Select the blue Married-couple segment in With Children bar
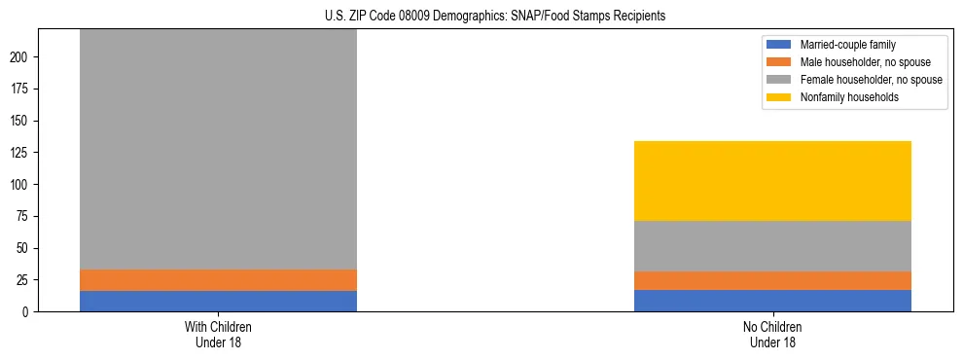point(218,301)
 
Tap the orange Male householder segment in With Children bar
point(218,280)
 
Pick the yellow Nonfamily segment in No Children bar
point(772,181)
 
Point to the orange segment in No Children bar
point(772,280)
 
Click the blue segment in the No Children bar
point(772,301)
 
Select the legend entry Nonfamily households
point(842,97)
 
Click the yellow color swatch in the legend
point(780,97)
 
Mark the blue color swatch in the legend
point(780,45)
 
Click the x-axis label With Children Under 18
point(218,334)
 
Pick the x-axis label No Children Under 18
point(772,334)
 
